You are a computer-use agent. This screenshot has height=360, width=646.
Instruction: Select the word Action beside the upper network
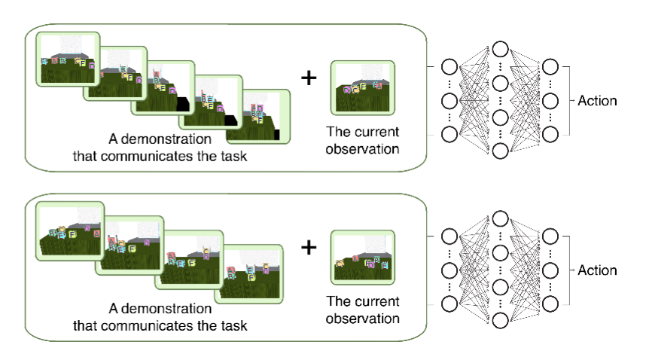[x=598, y=100]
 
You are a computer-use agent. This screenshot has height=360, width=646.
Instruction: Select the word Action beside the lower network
[x=598, y=270]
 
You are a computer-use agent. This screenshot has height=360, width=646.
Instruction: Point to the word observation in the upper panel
[x=362, y=149]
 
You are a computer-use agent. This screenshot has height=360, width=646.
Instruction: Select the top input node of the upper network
[x=449, y=67]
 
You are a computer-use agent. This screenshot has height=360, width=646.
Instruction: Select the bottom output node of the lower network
[x=550, y=304]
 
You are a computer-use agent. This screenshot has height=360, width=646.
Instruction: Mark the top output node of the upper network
[x=550, y=67]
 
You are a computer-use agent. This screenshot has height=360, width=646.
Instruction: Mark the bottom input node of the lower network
[x=449, y=304]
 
